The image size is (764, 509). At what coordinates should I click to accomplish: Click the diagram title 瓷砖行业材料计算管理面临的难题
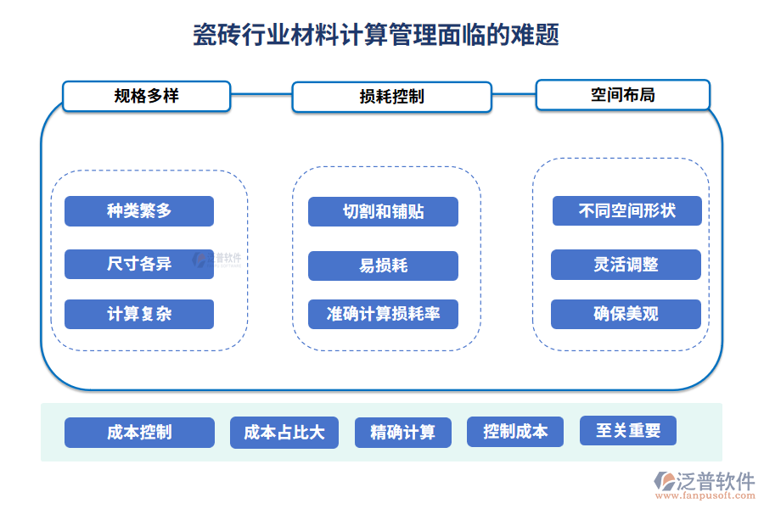coord(376,36)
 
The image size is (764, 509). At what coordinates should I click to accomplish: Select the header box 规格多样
coord(146,96)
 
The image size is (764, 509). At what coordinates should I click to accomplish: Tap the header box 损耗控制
coord(391,97)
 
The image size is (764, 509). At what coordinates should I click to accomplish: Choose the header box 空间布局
coord(622,95)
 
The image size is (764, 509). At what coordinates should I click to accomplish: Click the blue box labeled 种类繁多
coord(139,211)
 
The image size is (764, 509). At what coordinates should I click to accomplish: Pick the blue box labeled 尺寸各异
coord(139,264)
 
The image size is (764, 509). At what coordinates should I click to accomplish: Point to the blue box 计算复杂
coord(139,314)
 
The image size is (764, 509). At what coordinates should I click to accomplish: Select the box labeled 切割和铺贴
coord(383,212)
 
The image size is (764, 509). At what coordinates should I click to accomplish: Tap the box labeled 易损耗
coord(383,266)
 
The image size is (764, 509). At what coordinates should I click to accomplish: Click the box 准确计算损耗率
coord(383,314)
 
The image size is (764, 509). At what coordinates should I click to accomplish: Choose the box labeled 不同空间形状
coord(626,210)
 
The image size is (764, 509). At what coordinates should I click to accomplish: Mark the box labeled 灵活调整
coord(626,265)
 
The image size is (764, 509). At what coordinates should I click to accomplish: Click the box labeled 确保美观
coord(626,314)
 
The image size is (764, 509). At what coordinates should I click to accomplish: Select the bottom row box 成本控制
coord(139,432)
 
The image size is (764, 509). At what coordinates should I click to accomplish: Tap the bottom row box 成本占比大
coord(284,433)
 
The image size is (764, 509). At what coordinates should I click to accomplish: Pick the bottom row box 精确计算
coord(402,433)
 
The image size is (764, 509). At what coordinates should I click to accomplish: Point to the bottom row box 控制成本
coord(516,432)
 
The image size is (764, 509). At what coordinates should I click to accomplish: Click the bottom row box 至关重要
coord(628,430)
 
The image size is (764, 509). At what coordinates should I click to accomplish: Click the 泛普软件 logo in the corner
coord(705,482)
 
